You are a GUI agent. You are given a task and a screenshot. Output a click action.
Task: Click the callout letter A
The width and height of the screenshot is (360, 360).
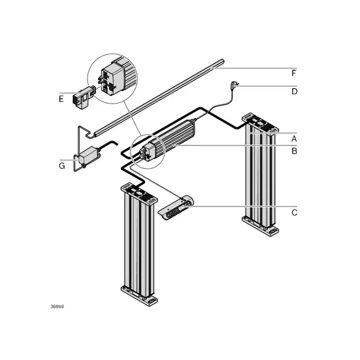tap(294, 139)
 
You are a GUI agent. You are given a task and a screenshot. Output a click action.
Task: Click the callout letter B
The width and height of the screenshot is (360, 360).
tap(294, 151)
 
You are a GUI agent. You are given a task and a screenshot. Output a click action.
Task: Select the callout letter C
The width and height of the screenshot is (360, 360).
tap(294, 213)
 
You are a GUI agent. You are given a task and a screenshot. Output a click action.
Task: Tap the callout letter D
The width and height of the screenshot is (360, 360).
tap(294, 91)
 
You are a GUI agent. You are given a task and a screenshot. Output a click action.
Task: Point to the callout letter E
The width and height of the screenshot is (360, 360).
tap(61, 99)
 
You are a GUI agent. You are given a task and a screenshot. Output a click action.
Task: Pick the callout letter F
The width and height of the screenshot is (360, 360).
tap(294, 73)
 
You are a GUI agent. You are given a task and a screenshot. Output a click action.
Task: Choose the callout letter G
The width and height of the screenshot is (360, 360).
tap(62, 166)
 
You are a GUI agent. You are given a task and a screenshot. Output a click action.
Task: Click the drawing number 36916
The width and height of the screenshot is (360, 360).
tap(57, 306)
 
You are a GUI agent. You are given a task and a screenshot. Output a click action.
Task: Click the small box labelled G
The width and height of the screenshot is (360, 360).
tap(88, 156)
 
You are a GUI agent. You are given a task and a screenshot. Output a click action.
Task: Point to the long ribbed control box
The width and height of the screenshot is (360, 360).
tap(170, 140)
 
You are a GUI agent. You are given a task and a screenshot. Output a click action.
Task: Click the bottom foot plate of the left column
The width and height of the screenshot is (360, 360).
tap(139, 296)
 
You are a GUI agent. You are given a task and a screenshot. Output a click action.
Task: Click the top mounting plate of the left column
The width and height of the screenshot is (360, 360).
tap(139, 193)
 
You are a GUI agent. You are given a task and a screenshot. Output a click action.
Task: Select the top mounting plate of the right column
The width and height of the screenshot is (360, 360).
tap(260, 123)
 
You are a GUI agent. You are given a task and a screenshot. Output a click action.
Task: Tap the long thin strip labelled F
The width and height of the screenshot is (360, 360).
tap(159, 98)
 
